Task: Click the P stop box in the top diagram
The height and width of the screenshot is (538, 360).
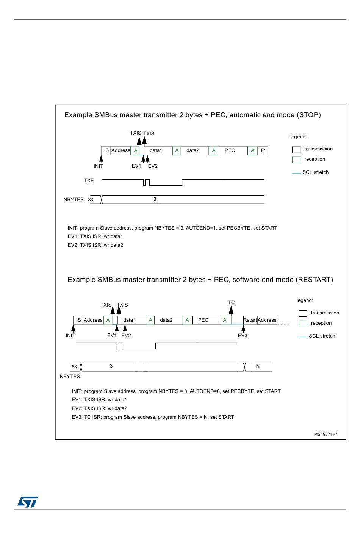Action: tap(263, 150)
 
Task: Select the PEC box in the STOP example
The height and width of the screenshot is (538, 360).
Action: tap(230, 150)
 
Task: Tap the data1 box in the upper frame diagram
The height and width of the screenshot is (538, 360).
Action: tap(156, 150)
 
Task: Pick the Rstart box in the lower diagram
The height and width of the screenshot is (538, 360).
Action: tap(250, 320)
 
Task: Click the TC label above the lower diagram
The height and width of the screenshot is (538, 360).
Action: tap(232, 303)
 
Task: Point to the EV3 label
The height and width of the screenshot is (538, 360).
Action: tap(243, 335)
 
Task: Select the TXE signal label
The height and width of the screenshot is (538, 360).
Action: tap(89, 181)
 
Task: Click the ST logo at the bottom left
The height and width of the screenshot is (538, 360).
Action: tap(27, 502)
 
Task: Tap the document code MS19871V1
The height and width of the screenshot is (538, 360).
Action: tap(326, 435)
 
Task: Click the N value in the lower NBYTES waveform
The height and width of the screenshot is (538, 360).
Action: tap(258, 366)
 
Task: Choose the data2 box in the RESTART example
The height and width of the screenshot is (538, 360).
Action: tap(166, 320)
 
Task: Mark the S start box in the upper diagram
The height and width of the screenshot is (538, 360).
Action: tap(107, 150)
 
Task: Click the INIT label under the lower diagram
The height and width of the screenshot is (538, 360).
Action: tap(70, 335)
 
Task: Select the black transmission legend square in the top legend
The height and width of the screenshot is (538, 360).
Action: tap(296, 150)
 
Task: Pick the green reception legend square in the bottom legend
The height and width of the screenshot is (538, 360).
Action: tap(303, 324)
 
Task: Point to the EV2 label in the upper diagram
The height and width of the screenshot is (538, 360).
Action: tap(153, 166)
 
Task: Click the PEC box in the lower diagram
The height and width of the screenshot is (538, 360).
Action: tap(203, 320)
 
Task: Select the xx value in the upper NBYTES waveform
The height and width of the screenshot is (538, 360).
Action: tap(91, 199)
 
